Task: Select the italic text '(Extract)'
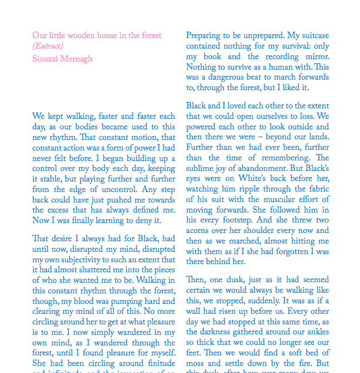coord(48,46)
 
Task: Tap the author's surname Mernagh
coord(77,59)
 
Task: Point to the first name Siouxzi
coord(46,59)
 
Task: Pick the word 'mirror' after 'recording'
coord(317,57)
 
